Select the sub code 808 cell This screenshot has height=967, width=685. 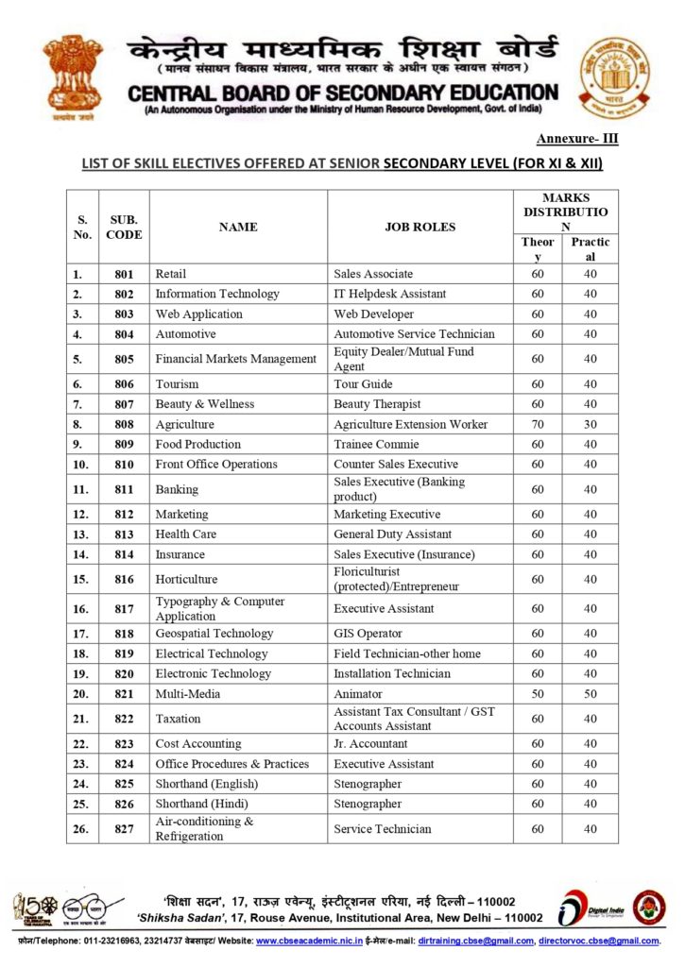click(124, 424)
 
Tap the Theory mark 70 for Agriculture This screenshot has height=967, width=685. click(538, 424)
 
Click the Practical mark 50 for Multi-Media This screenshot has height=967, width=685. click(590, 694)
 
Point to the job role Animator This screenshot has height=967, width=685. click(358, 694)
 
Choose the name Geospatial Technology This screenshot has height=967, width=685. click(214, 634)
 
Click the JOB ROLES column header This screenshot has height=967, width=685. click(420, 227)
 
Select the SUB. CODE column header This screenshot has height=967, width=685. click(124, 227)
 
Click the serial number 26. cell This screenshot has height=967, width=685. click(82, 829)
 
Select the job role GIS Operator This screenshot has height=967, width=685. click(368, 634)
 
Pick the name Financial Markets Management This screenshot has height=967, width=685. click(235, 359)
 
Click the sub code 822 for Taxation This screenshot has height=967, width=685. click(124, 719)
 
